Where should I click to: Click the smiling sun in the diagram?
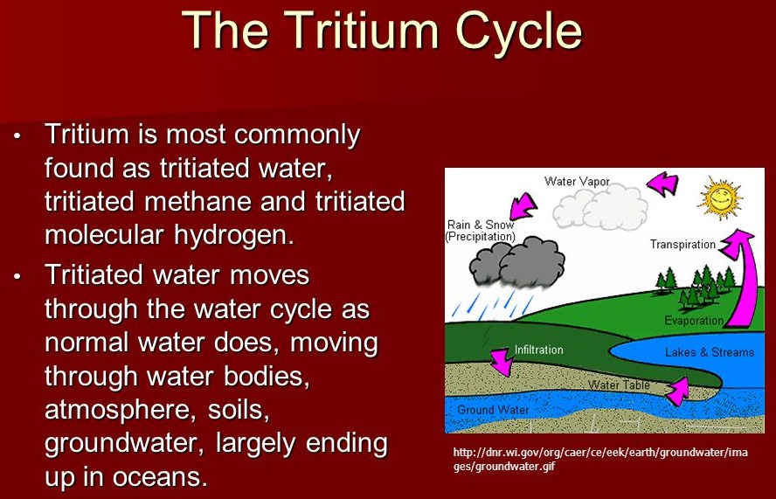[720, 198]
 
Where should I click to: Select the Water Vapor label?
[577, 182]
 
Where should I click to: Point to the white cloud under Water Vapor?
[599, 208]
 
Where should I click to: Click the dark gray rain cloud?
[517, 262]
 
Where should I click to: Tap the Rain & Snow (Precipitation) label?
[481, 231]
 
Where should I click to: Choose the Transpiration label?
[683, 245]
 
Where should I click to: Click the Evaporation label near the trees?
[694, 321]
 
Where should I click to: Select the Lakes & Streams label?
[710, 352]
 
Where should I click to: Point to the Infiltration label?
[539, 350]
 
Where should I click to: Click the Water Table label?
[619, 385]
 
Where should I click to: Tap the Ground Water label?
[493, 410]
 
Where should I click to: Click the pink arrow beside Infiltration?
[502, 361]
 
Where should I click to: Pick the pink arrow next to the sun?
[663, 184]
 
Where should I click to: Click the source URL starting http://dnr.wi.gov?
[600, 459]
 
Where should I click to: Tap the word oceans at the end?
[160, 477]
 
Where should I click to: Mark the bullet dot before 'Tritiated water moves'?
[17, 277]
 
